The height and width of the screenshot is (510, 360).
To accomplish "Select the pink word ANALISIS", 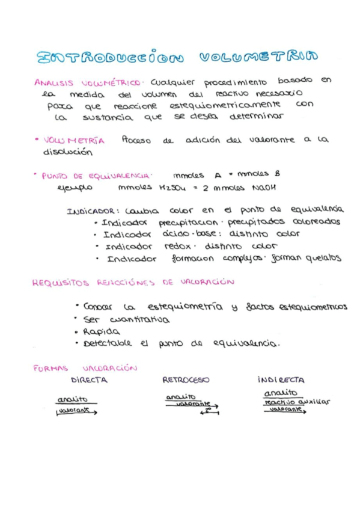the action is point(53,84).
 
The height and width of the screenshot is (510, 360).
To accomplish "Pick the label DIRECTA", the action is point(89,380).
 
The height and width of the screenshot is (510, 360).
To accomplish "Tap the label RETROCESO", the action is point(186,380).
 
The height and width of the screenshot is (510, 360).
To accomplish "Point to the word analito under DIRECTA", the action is point(73,399).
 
